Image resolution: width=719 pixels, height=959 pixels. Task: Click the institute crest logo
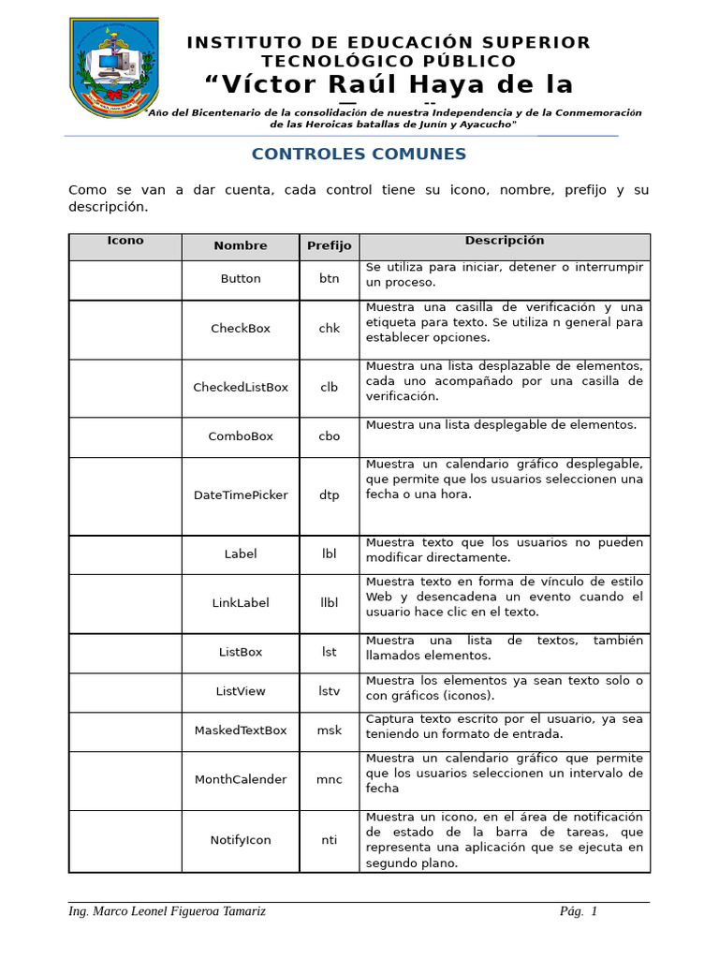(114, 67)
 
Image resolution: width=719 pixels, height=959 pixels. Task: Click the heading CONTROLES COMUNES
(359, 155)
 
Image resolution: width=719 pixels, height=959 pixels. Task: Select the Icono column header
(125, 241)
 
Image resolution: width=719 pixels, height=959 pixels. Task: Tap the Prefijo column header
(330, 246)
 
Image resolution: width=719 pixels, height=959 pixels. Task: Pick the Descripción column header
(505, 241)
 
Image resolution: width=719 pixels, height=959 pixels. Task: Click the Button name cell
(241, 279)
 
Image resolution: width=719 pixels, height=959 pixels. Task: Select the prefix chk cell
(330, 329)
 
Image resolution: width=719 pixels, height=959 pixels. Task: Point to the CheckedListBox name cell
(241, 388)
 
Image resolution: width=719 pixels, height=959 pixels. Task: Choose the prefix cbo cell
(330, 436)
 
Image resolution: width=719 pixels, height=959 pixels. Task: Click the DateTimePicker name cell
(241, 495)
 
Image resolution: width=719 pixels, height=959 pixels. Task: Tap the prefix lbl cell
(330, 554)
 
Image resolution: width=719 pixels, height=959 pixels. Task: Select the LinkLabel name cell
(241, 603)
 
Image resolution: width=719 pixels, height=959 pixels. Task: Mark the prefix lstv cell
(330, 691)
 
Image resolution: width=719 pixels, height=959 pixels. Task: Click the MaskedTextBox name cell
(241, 730)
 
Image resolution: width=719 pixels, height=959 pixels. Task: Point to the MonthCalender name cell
(241, 780)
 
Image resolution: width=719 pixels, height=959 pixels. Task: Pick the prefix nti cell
(330, 840)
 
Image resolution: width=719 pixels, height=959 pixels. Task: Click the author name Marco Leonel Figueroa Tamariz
(167, 912)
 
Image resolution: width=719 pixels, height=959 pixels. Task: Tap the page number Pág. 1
(578, 912)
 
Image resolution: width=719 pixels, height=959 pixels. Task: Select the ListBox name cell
(241, 652)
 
